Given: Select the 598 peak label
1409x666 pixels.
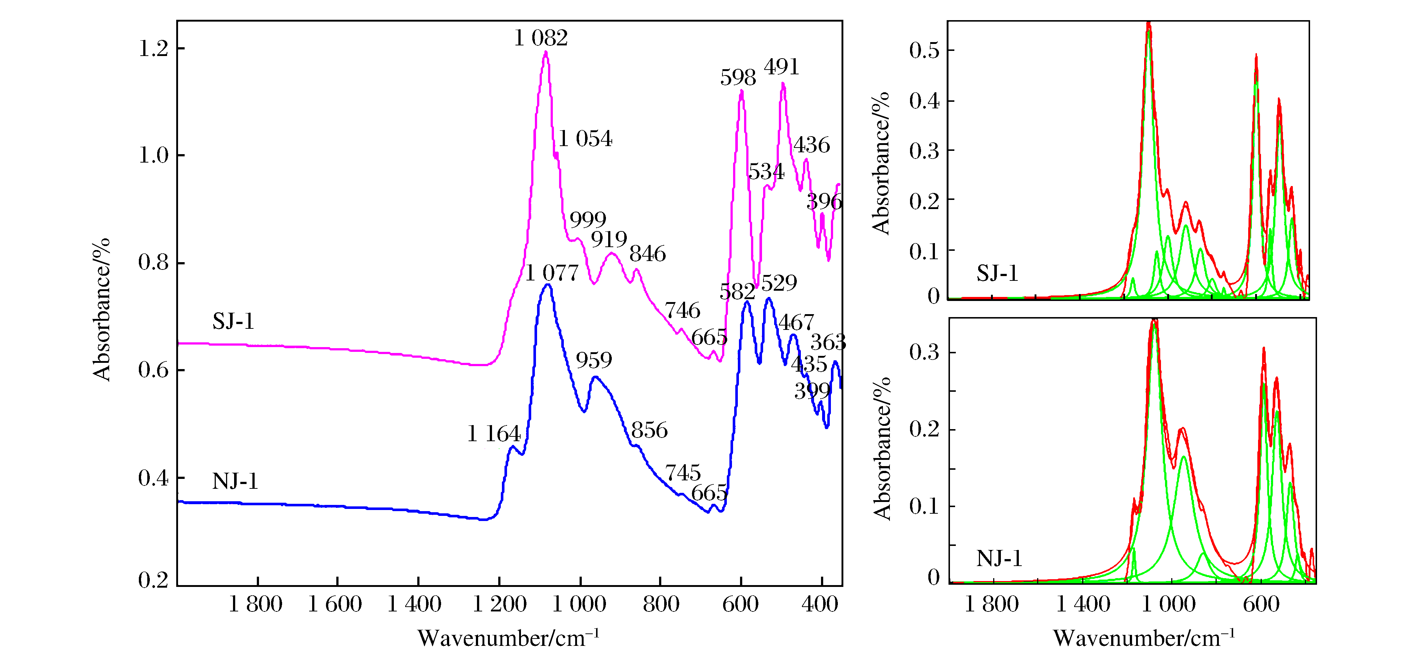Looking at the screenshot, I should pos(737,78).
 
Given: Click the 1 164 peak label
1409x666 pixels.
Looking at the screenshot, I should pos(493,434).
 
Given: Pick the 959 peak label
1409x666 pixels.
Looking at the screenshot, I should pos(593,360).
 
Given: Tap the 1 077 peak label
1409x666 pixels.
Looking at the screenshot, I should pos(551,273).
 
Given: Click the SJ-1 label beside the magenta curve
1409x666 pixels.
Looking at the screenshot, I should pos(234,321).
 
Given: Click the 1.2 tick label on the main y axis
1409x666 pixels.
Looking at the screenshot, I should pos(153,49).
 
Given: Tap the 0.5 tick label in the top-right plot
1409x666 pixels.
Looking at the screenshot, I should pos(924,51).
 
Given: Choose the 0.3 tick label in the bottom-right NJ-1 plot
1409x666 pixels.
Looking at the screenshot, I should pos(924,353).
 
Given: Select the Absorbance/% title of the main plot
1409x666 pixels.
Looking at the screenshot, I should pos(102,309).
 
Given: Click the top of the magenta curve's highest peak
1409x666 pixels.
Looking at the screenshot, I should pos(546,52).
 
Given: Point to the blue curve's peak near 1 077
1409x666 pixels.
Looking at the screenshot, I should pos(547,285).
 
